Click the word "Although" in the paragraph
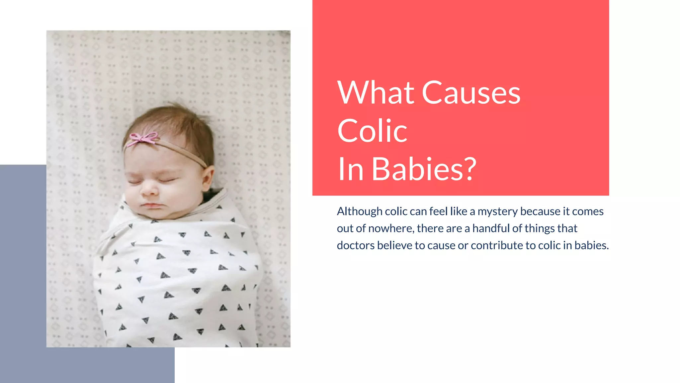click(360, 211)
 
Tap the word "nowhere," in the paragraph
click(391, 228)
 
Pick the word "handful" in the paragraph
click(491, 228)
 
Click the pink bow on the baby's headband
click(143, 138)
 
